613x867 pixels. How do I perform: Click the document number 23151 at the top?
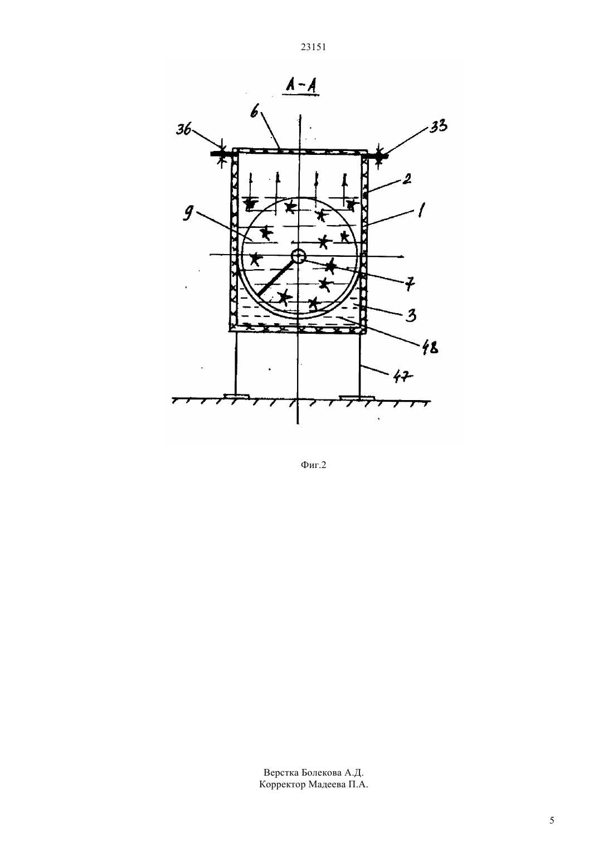[313, 47]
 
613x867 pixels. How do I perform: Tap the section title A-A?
[301, 86]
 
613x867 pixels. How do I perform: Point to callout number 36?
[183, 129]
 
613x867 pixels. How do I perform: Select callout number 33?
[439, 126]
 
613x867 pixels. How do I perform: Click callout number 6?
[254, 113]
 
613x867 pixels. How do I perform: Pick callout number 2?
[406, 179]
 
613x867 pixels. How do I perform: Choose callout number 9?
[189, 212]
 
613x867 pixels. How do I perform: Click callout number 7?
[410, 284]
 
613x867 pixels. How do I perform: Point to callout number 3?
[411, 315]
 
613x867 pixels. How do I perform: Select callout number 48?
[430, 348]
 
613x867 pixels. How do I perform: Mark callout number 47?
[402, 376]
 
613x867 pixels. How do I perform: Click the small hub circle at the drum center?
[298, 255]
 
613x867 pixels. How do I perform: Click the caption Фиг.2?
[313, 465]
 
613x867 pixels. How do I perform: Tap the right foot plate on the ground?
[357, 397]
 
